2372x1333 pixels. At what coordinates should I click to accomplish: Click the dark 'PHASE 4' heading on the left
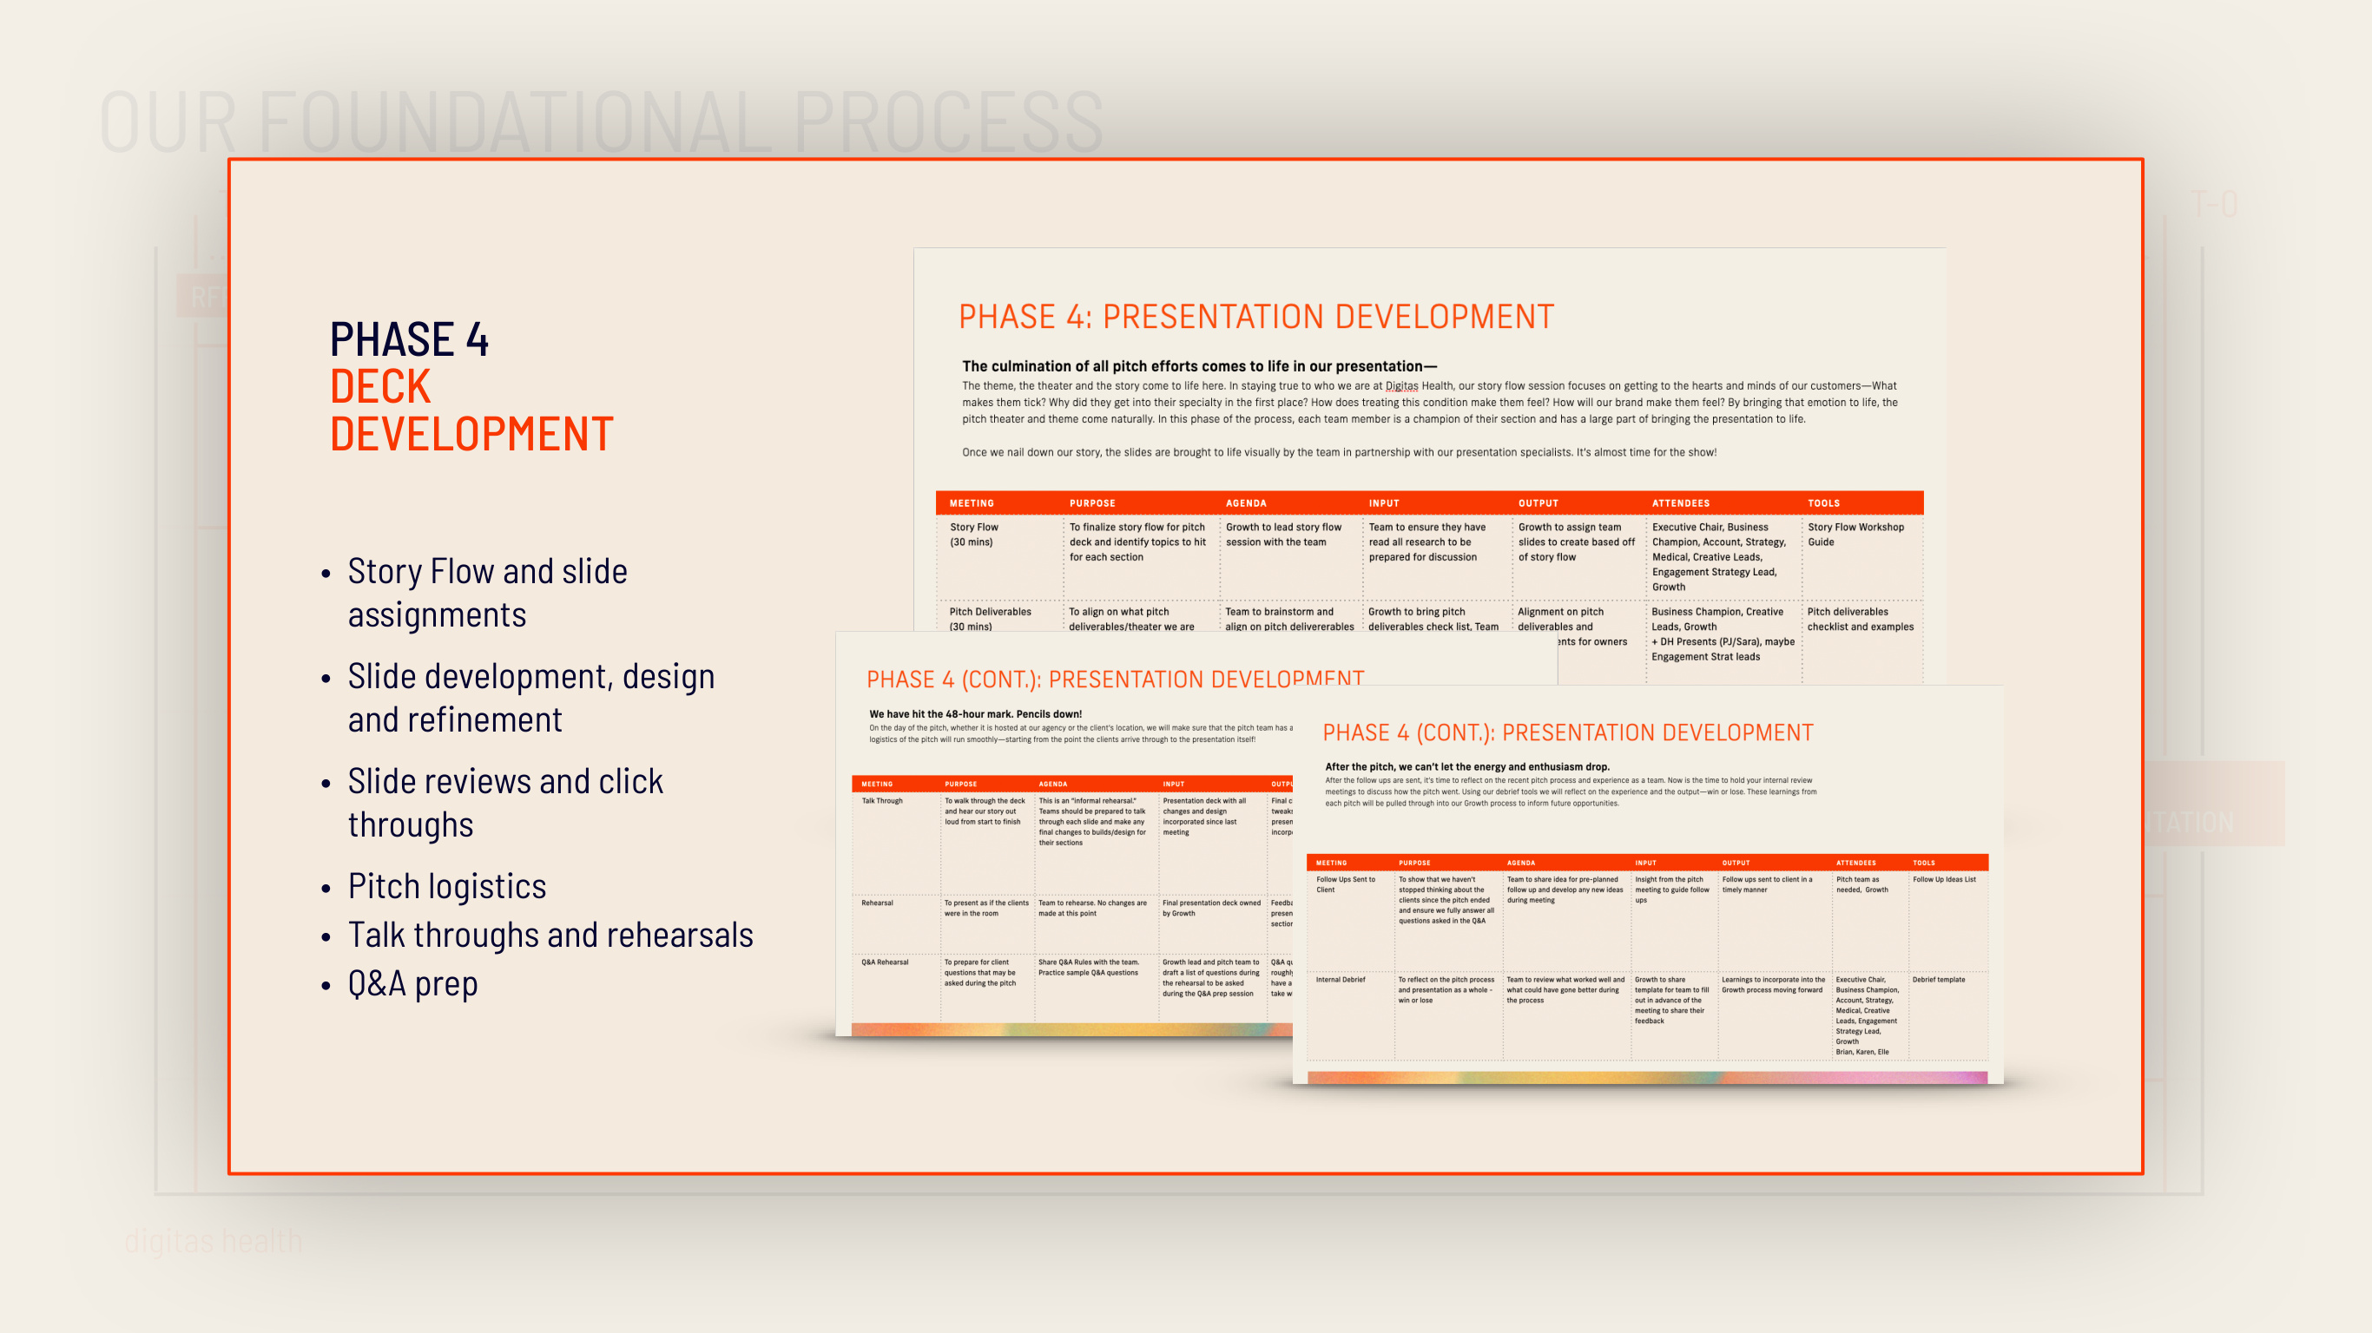click(x=409, y=339)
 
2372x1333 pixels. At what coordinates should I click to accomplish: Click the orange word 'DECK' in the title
click(x=380, y=387)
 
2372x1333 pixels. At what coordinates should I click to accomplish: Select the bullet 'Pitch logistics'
click(x=446, y=885)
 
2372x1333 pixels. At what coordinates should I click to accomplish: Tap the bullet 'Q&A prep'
click(x=412, y=983)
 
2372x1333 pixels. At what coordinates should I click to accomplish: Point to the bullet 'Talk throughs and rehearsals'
click(x=550, y=935)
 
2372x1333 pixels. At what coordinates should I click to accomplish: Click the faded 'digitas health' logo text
click(x=213, y=1241)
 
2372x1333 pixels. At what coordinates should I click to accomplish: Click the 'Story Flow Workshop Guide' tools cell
click(x=1855, y=535)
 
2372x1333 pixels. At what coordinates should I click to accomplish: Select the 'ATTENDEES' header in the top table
click(x=1681, y=503)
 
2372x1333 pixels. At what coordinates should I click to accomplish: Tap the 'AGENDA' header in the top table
click(x=1246, y=503)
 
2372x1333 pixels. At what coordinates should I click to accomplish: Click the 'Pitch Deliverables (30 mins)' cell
click(x=990, y=619)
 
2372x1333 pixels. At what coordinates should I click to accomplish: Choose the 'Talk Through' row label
click(x=882, y=801)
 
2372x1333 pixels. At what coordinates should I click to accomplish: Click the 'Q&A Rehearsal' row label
click(x=885, y=962)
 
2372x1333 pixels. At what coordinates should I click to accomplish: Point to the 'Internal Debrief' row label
click(x=1341, y=980)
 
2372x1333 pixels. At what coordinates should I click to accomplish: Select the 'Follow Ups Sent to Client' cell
click(x=1345, y=884)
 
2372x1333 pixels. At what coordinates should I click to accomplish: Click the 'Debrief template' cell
click(x=1938, y=980)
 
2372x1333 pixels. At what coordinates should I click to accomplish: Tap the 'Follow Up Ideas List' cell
click(x=1944, y=879)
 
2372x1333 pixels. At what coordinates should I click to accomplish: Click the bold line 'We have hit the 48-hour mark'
click(x=975, y=713)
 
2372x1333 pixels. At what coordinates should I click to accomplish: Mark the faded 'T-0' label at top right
click(x=2214, y=203)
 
